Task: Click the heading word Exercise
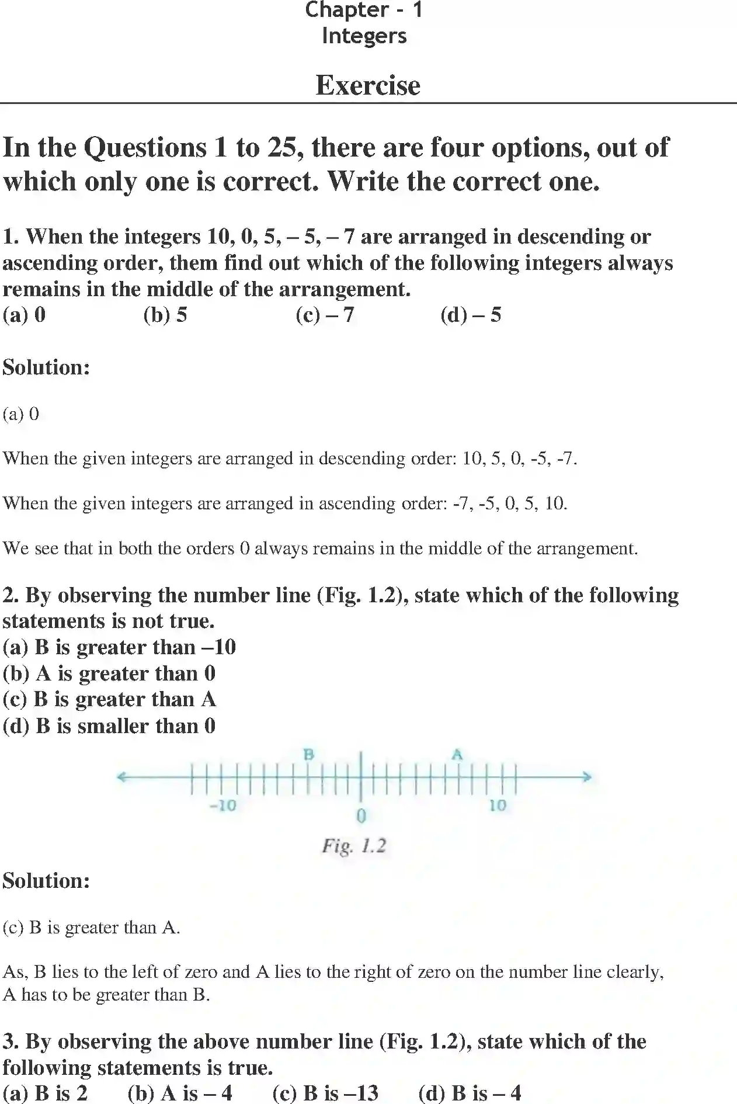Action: [368, 85]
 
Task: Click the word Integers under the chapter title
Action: [364, 36]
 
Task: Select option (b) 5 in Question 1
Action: [165, 315]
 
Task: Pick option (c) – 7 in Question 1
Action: [325, 315]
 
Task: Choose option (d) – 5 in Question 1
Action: [471, 315]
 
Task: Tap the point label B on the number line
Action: [309, 755]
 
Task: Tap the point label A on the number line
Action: [457, 755]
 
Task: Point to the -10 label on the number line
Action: [223, 806]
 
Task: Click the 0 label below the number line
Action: [361, 815]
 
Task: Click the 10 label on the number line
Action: [498, 806]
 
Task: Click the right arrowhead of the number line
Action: [587, 777]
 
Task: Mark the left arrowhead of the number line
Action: [121, 777]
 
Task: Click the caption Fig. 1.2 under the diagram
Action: [354, 846]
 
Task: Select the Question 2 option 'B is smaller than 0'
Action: [109, 726]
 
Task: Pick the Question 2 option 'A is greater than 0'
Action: [109, 673]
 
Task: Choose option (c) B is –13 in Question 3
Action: [325, 1092]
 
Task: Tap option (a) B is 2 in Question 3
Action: [45, 1092]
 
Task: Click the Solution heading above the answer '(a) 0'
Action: [47, 367]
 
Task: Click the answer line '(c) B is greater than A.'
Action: [92, 928]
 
